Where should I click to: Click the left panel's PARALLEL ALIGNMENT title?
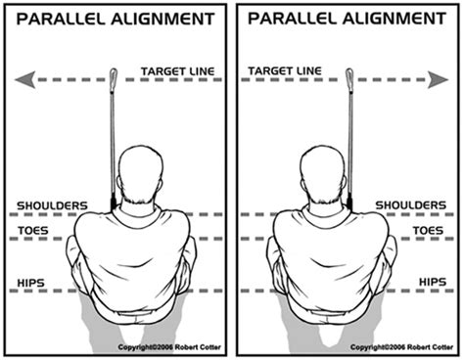coord(116,19)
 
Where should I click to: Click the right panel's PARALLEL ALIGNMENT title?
coord(348,19)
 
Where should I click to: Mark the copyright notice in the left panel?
coord(171,348)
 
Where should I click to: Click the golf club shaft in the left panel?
coord(113,137)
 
